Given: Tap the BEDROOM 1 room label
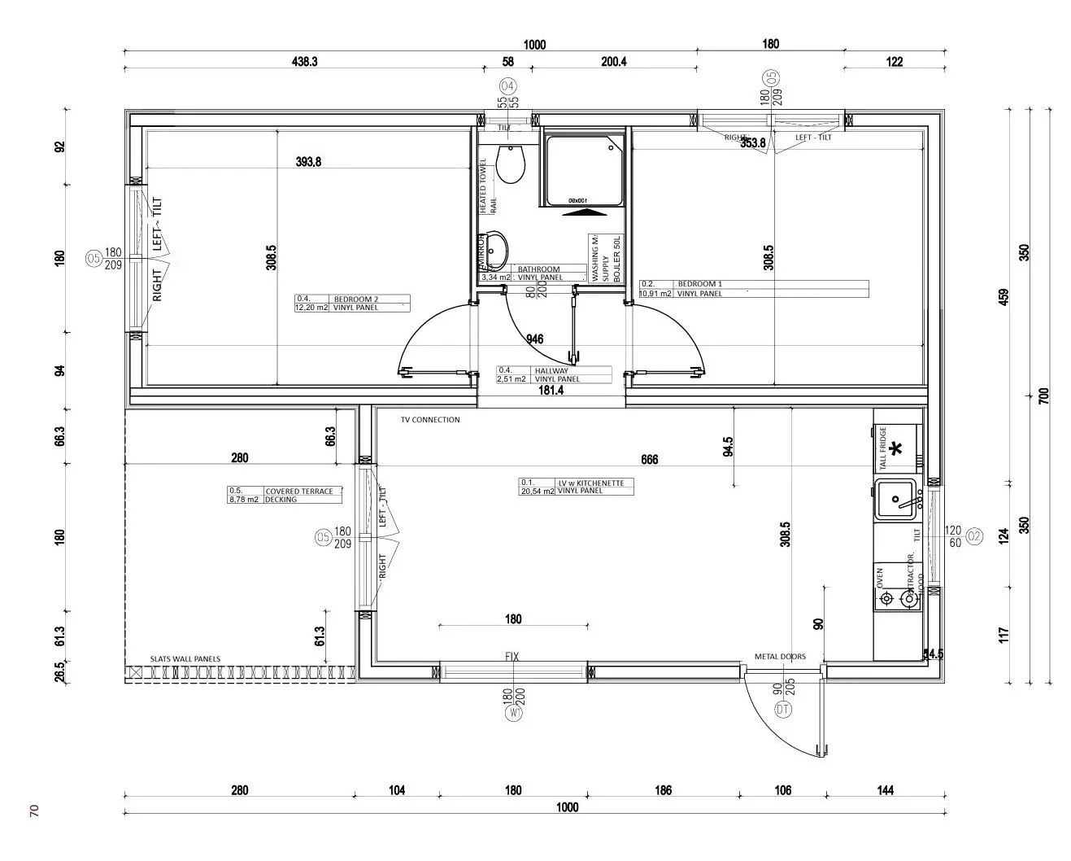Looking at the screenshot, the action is pyautogui.click(x=699, y=285).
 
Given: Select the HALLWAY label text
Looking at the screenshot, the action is pyautogui.click(x=551, y=371).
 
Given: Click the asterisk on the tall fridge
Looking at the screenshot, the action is pyautogui.click(x=896, y=448).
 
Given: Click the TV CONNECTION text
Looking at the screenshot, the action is pyautogui.click(x=429, y=420).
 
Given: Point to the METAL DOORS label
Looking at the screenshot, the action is pyautogui.click(x=779, y=657).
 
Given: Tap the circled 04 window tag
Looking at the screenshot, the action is pyautogui.click(x=507, y=86).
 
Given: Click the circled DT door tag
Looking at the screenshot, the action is pyautogui.click(x=783, y=710).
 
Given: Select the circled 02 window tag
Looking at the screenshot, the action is pyautogui.click(x=973, y=535).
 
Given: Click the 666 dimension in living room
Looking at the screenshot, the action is pyautogui.click(x=649, y=460).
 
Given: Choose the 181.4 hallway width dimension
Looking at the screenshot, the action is pyautogui.click(x=551, y=391).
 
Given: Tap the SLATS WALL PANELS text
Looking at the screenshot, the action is pyautogui.click(x=185, y=659).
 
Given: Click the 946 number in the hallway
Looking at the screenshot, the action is pyautogui.click(x=534, y=339).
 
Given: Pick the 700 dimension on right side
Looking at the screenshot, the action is pyautogui.click(x=1044, y=396).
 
